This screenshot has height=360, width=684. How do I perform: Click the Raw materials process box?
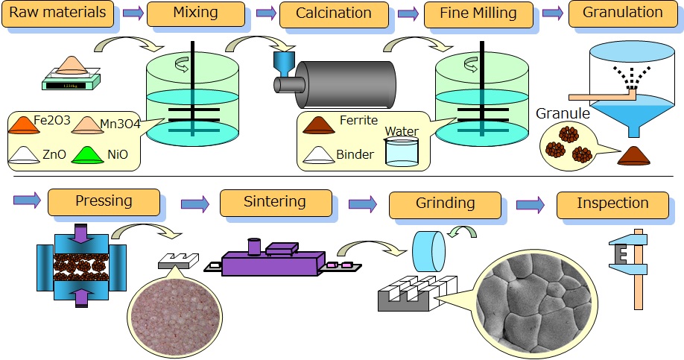click(x=58, y=13)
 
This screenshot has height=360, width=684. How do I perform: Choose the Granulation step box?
click(x=622, y=13)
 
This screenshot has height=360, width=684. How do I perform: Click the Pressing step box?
click(x=104, y=202)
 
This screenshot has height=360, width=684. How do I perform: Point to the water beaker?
click(x=402, y=152)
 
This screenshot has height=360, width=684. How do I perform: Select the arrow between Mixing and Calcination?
click(x=264, y=13)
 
